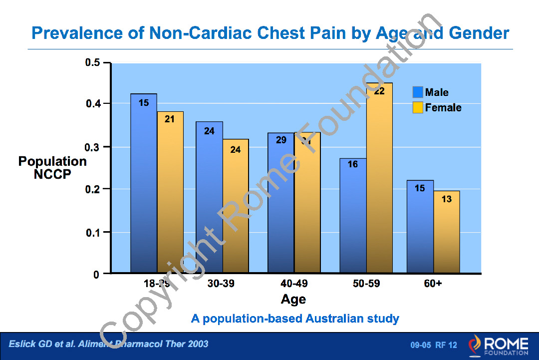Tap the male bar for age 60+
pos(420,227)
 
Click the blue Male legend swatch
pos(418,92)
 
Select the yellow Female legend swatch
pos(418,107)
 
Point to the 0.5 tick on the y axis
pos(93,63)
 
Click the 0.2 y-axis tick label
pos(93,189)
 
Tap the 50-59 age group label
pos(366,284)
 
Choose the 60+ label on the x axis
pos(433,284)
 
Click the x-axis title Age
pos(293,299)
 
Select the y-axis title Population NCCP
pos(52,168)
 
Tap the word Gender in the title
pos(479,33)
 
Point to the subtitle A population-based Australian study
pos(295,318)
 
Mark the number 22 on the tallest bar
pos(379,91)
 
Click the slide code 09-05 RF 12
pos(434,345)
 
